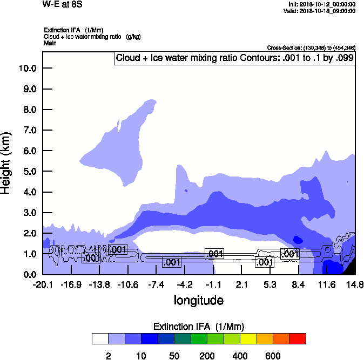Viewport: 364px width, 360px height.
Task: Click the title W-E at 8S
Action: click(62, 5)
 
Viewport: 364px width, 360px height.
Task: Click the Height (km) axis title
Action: click(7, 162)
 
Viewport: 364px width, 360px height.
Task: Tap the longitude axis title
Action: click(198, 300)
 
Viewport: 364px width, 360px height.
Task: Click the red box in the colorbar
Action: click(297, 338)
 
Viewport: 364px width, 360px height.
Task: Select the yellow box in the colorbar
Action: click(247, 338)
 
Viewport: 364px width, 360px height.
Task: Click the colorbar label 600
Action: click(272, 356)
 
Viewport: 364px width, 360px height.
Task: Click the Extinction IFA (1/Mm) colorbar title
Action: click(199, 327)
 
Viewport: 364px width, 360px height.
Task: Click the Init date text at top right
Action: click(322, 4)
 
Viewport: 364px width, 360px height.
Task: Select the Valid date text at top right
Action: click(321, 10)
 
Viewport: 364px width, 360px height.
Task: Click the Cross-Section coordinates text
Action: click(311, 47)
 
